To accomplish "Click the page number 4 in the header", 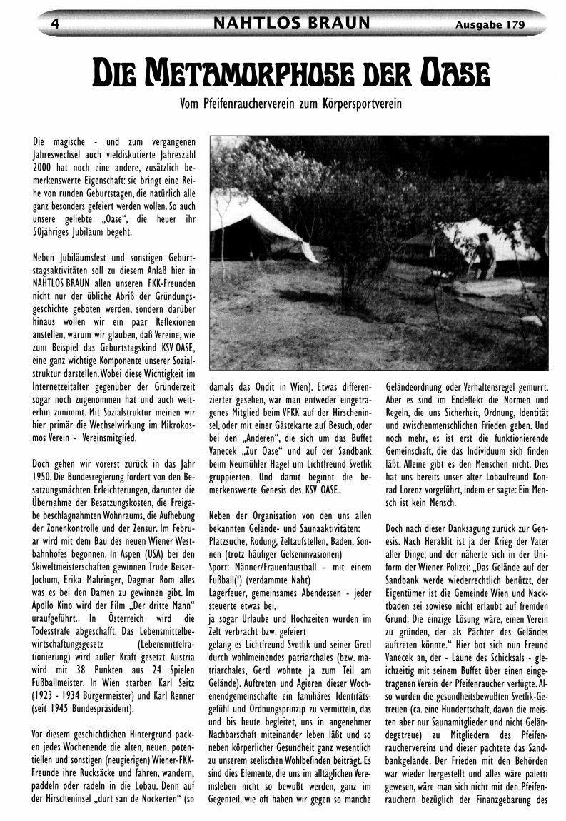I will pyautogui.click(x=54, y=24).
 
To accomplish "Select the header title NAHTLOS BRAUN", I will pyautogui.click(x=292, y=24).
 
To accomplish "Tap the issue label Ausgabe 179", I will pyautogui.click(x=490, y=24).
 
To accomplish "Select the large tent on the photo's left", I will pyautogui.click(x=261, y=225).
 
